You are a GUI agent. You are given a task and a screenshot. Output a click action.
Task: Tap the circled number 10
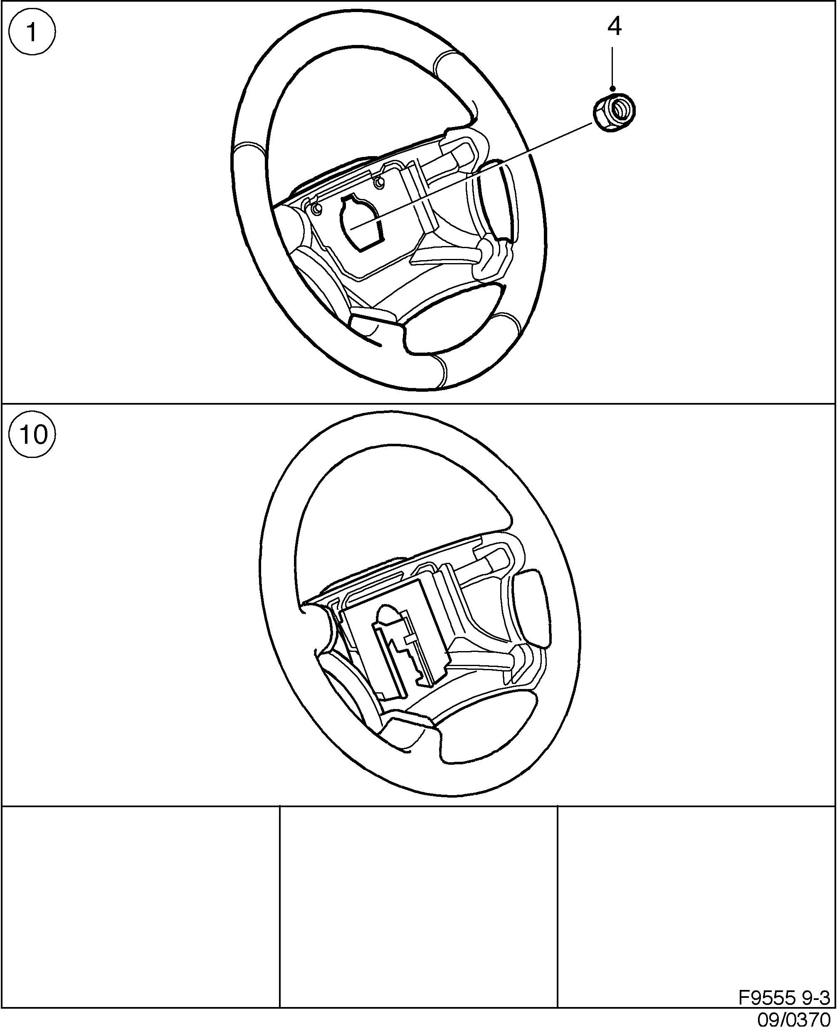(32, 434)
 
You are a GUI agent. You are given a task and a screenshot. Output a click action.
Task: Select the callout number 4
(614, 27)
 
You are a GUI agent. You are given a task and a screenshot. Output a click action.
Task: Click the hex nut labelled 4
(614, 112)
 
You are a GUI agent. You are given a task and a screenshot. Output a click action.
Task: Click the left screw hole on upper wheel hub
(316, 209)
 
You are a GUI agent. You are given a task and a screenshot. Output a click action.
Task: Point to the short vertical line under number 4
(612, 67)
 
